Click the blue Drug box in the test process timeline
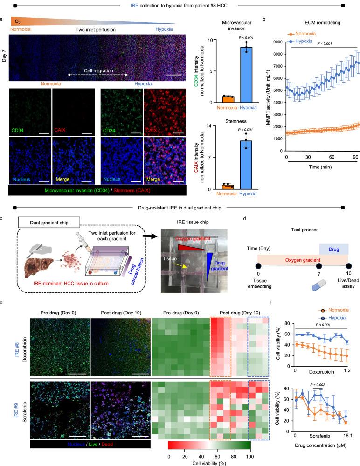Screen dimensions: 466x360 [x=333, y=250]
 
